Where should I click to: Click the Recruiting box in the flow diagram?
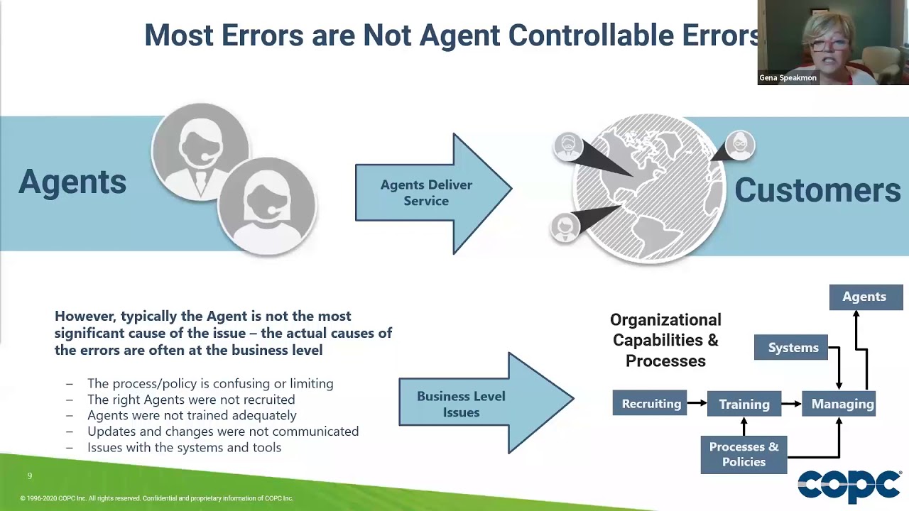click(x=650, y=403)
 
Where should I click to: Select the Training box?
click(x=744, y=404)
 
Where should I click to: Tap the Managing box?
click(x=842, y=404)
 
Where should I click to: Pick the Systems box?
click(x=793, y=348)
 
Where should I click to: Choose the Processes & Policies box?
click(x=744, y=454)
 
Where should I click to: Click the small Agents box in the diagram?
click(x=864, y=297)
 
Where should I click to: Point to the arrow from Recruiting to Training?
click(x=697, y=403)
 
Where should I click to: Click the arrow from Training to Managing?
click(x=792, y=404)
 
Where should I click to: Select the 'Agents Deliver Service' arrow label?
click(x=426, y=193)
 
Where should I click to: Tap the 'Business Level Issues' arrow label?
click(x=461, y=404)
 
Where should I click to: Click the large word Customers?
click(x=817, y=190)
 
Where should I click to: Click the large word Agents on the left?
click(x=72, y=182)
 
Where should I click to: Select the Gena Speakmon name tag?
click(x=788, y=78)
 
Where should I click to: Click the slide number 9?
click(x=30, y=476)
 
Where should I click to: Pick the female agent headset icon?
click(x=266, y=206)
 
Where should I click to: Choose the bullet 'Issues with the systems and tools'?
click(x=184, y=447)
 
